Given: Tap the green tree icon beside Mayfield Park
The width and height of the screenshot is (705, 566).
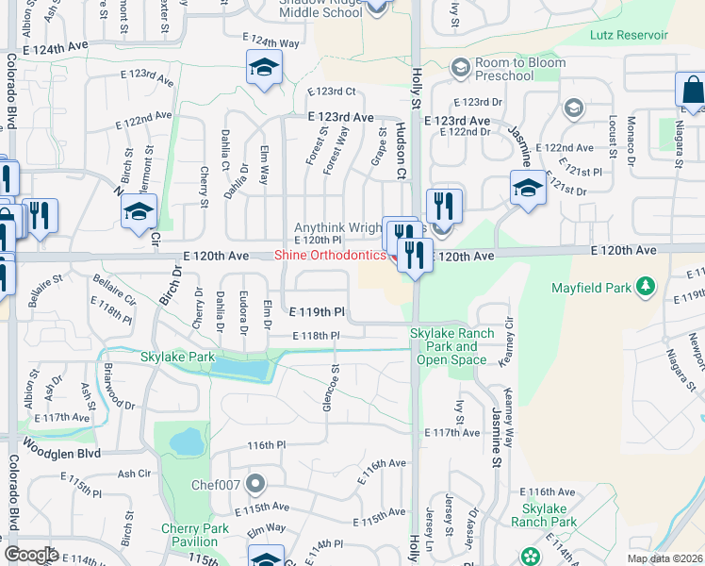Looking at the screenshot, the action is [646, 285].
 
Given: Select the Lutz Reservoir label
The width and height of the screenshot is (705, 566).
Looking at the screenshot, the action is [629, 35].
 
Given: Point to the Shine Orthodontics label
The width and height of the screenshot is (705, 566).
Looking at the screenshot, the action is [329, 256].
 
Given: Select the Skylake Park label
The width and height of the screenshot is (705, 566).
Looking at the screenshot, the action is [177, 358].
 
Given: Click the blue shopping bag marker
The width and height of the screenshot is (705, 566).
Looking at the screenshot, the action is [691, 91].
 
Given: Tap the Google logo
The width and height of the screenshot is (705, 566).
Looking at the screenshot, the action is [31, 555].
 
